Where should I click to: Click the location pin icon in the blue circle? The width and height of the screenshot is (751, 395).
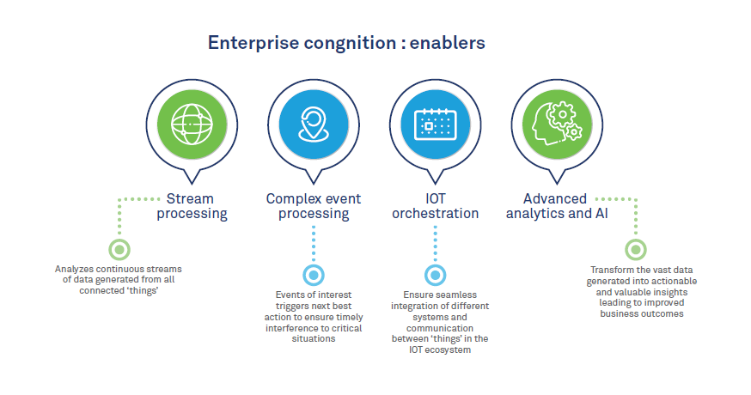313,126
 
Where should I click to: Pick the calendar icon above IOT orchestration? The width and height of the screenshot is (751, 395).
435,126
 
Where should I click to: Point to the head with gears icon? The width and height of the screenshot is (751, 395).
557,126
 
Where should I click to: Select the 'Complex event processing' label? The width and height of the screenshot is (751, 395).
313,206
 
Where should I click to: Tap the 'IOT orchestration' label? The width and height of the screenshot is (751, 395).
435,206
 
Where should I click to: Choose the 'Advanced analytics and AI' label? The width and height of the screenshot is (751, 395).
557,206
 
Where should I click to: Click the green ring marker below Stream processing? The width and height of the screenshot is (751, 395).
120,250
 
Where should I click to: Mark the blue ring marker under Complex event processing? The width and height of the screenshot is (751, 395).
313,275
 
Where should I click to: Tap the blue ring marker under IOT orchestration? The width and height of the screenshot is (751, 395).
436,275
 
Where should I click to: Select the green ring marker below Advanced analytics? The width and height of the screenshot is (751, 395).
635,250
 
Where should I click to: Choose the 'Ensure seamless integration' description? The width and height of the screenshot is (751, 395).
435,323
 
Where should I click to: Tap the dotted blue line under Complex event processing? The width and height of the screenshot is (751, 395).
313,245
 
